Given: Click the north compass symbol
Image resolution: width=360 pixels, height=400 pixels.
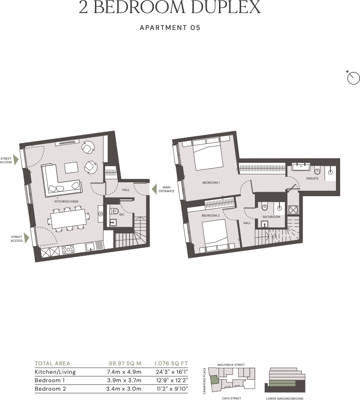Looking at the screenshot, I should [x=353, y=78].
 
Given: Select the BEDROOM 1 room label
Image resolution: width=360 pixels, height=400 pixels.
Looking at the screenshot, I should [x=211, y=182].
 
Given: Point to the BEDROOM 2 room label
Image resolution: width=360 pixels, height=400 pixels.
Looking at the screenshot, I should [x=211, y=215].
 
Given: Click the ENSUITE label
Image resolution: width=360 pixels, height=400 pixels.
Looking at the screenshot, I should [x=312, y=179].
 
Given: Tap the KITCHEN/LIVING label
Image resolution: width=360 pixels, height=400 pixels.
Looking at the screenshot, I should [x=66, y=202].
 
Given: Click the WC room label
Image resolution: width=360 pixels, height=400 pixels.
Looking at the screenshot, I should [x=122, y=214].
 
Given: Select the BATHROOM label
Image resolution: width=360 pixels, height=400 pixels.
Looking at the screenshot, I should [x=271, y=217].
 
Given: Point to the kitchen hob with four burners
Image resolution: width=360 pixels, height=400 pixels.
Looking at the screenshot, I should [x=68, y=249].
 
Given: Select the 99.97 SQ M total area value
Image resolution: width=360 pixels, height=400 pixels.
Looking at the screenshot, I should [x=125, y=363].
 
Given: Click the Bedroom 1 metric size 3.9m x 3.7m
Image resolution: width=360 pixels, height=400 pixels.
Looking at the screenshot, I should [x=125, y=380].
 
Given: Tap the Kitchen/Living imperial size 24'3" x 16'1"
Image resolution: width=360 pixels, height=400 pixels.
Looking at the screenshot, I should [x=171, y=372].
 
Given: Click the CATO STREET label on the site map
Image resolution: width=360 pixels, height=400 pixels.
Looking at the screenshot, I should [x=231, y=398].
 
